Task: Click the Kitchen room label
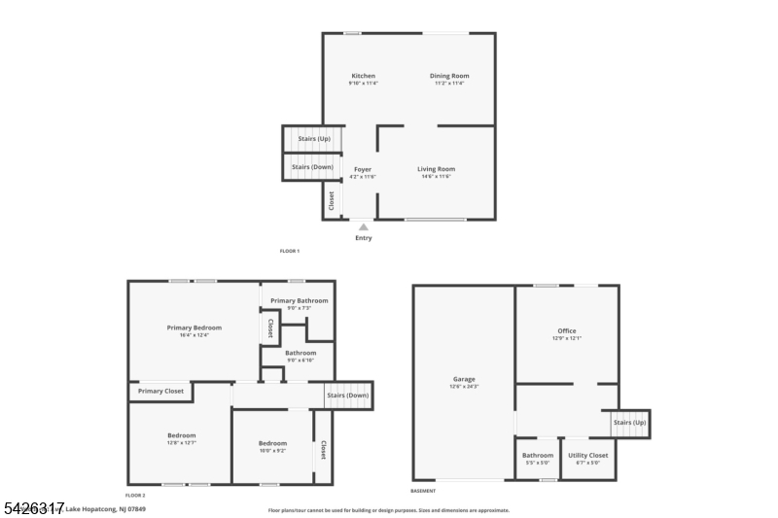click(x=362, y=76)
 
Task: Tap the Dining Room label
click(x=450, y=76)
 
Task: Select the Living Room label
click(x=437, y=169)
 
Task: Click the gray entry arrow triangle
click(x=364, y=227)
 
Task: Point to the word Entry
click(x=364, y=238)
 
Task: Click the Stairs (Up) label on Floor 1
click(x=314, y=138)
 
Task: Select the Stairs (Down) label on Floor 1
click(x=312, y=167)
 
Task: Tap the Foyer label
click(x=362, y=169)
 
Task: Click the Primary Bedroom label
click(x=194, y=328)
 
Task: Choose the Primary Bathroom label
click(x=298, y=301)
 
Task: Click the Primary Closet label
click(x=160, y=392)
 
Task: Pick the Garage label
click(x=464, y=379)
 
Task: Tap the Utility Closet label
click(x=588, y=455)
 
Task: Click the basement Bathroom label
click(x=538, y=455)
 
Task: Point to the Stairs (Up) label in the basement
click(x=629, y=423)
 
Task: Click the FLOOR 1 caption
click(x=290, y=252)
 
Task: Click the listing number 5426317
click(x=34, y=508)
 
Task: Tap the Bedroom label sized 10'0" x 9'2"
click(x=272, y=444)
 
